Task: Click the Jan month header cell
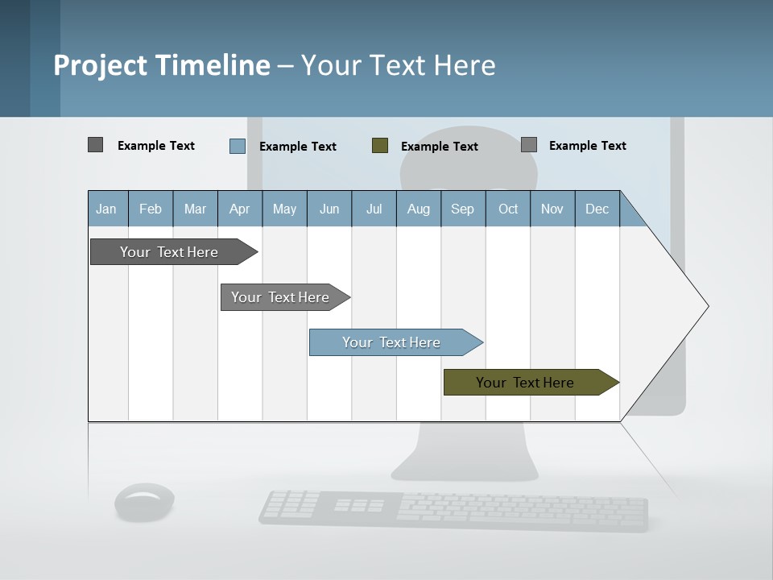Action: [107, 209]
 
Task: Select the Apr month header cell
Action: [239, 209]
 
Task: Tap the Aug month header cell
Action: [418, 209]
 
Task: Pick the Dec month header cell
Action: [597, 209]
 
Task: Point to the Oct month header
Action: [507, 209]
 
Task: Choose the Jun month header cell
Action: [329, 209]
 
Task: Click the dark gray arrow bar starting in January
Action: [169, 252]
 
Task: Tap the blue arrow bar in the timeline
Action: [391, 342]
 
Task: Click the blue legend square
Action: [237, 146]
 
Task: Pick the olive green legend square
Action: [379, 146]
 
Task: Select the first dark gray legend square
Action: [95, 145]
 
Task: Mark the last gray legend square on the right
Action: [528, 145]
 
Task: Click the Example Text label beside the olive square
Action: [439, 147]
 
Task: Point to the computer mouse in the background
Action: [144, 502]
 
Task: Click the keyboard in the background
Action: [453, 511]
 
